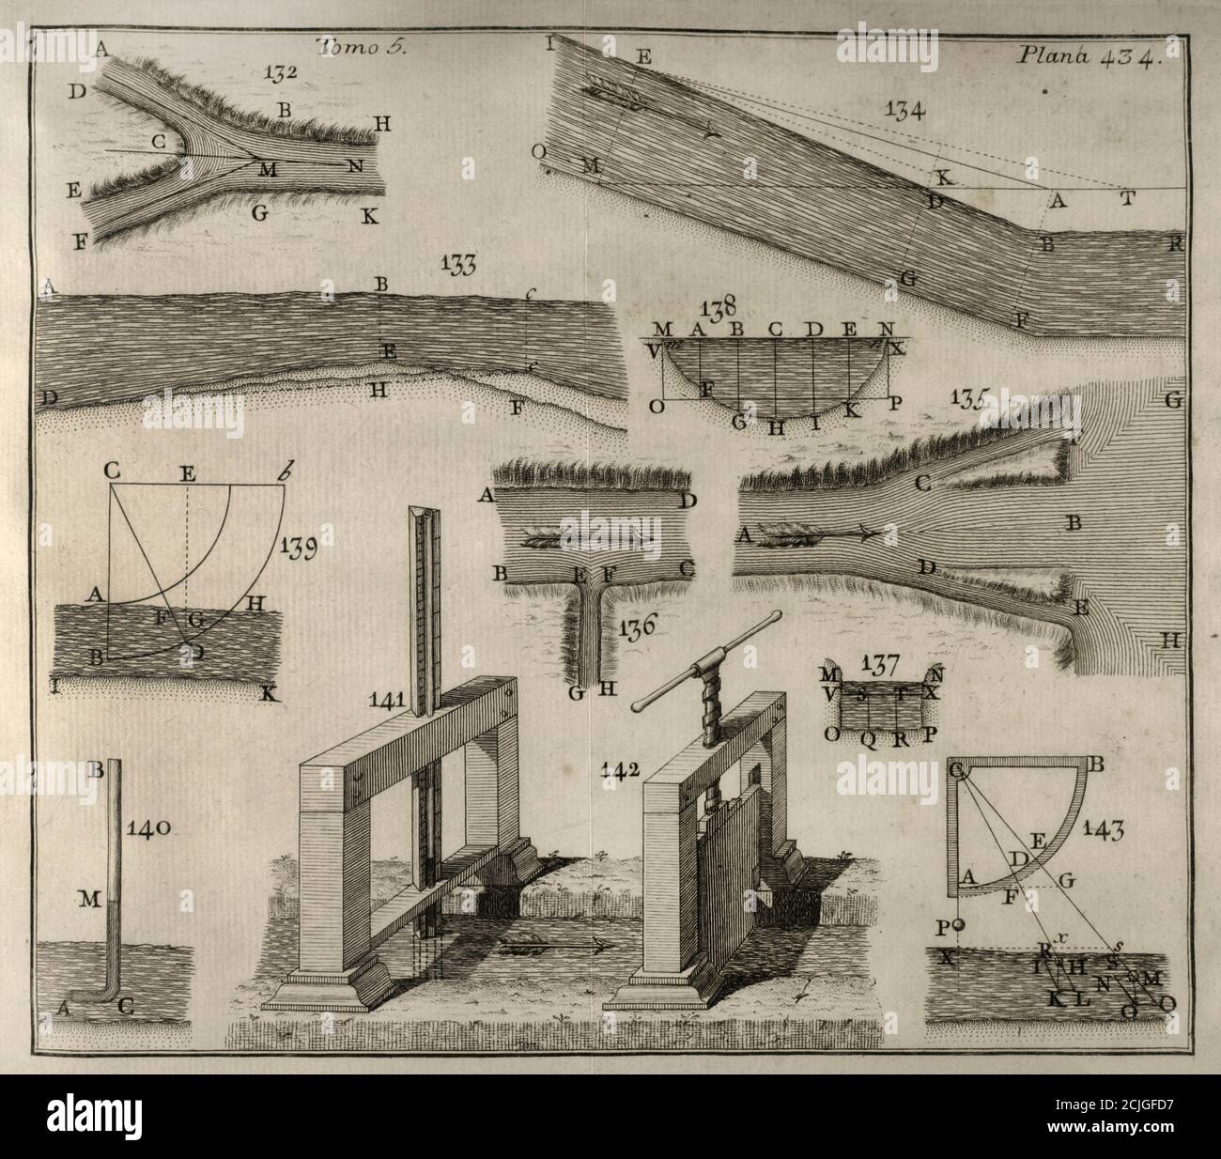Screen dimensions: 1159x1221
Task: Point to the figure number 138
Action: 719,307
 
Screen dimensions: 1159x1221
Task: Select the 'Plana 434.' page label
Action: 1089,55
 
